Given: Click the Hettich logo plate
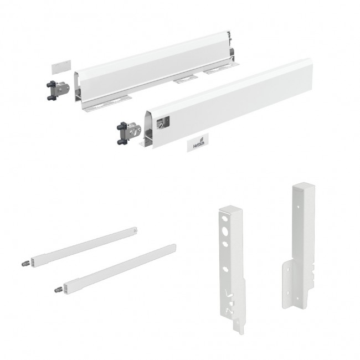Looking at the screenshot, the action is click(198, 142).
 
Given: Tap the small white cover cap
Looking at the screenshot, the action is click(61, 67).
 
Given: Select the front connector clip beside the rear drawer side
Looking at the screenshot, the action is click(58, 90).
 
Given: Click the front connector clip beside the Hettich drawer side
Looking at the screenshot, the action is click(128, 133).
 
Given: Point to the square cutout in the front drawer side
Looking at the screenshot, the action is click(163, 122).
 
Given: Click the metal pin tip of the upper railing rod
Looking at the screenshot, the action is click(25, 264).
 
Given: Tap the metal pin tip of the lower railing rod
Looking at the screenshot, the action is click(59, 290).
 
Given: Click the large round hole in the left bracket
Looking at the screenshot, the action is click(225, 232).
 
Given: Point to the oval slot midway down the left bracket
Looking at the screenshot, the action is click(225, 269).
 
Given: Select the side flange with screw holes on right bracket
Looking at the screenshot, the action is click(287, 285).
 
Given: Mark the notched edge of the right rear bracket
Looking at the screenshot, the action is click(312, 275).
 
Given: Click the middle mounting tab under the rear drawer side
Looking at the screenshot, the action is click(186, 79).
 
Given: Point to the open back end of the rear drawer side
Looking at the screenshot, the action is click(233, 49).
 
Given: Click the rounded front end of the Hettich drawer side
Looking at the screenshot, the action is click(149, 128).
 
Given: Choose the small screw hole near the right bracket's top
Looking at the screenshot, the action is click(298, 207).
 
